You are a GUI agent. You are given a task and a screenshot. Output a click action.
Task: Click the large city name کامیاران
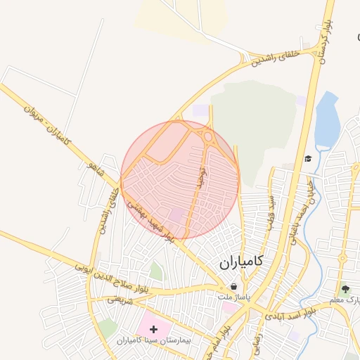coord(240,262)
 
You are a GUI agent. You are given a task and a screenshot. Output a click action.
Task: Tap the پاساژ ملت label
coord(233,297)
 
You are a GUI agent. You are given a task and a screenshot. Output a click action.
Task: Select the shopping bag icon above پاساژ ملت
coord(233,287)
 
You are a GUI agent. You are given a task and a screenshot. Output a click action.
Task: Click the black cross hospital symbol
coord(154,329)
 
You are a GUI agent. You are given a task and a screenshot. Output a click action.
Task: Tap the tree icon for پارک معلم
coord(345,288)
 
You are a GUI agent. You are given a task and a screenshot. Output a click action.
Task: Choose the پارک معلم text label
coord(346,300)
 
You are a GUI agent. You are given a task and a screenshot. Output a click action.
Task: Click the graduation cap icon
coord(307,158)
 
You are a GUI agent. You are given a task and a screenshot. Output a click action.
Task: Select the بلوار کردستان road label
coord(326,41)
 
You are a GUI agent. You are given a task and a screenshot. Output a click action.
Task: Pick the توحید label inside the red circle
coord(200,179)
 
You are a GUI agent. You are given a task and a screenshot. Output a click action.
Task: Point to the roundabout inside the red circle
coord(208,137)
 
